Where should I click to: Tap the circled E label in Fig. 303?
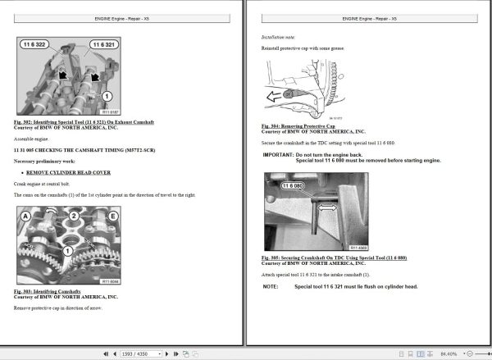[111, 216]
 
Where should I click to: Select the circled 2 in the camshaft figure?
[73, 216]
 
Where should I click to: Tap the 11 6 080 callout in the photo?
[292, 187]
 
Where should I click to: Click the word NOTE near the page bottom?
[271, 286]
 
